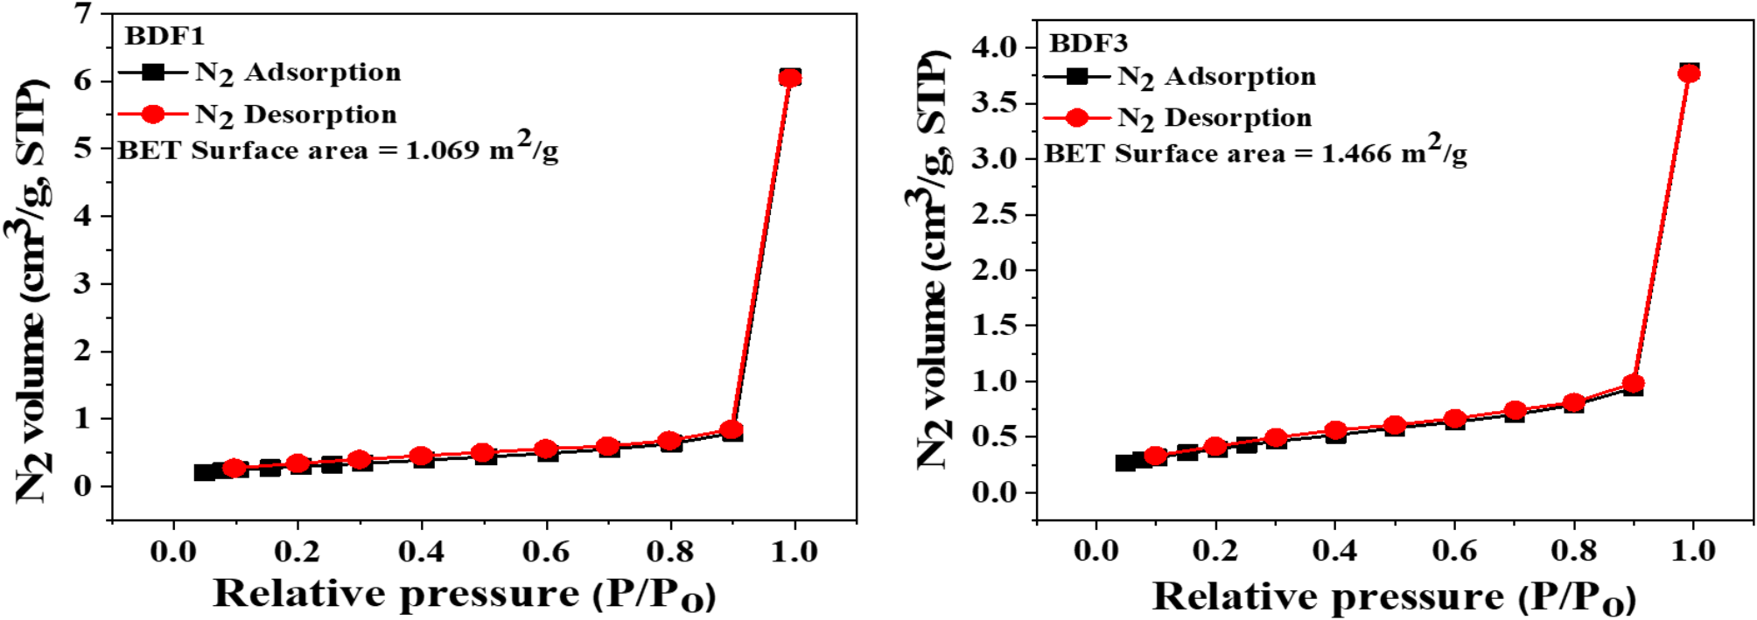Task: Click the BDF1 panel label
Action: click(x=164, y=36)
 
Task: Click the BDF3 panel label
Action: click(x=1088, y=43)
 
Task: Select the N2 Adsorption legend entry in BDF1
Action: click(x=297, y=73)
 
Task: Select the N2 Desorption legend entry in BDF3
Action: click(x=1214, y=117)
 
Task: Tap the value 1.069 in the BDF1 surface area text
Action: click(x=442, y=150)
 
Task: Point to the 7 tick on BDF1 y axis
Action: click(x=83, y=13)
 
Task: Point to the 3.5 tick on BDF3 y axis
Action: click(x=995, y=103)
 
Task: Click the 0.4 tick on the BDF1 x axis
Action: click(x=422, y=552)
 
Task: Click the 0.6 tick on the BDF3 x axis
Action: click(x=1454, y=551)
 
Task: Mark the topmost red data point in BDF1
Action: click(x=790, y=78)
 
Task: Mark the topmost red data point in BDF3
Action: click(x=1689, y=73)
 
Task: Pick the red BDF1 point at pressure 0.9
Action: click(x=732, y=430)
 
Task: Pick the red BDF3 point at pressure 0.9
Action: click(x=1633, y=384)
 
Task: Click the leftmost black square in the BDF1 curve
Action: click(x=203, y=472)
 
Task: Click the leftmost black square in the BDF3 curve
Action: click(x=1125, y=463)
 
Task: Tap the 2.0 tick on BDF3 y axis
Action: click(x=995, y=270)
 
